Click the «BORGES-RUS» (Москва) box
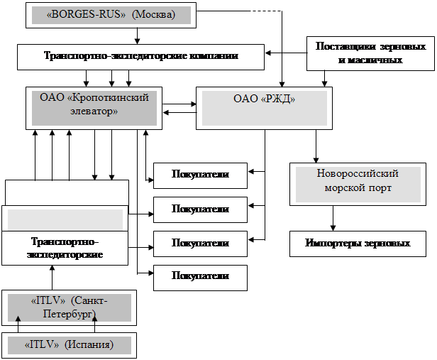[x=111, y=16]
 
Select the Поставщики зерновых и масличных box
[x=370, y=53]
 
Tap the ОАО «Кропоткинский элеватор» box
[x=94, y=108]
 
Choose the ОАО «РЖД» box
[x=264, y=108]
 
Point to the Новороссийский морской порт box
[x=358, y=185]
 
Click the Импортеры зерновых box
[x=358, y=244]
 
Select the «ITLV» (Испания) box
[x=69, y=345]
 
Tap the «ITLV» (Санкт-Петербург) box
[x=69, y=307]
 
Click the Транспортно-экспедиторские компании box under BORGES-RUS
[x=140, y=57]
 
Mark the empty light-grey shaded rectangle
[x=65, y=219]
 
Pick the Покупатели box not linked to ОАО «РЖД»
[x=200, y=278]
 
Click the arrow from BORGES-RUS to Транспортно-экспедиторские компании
[x=137, y=36]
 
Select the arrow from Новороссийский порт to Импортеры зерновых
[x=333, y=218]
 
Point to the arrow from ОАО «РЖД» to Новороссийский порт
[x=316, y=146]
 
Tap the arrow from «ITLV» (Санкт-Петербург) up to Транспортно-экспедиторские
[x=52, y=278]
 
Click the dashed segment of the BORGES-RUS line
[x=267, y=11]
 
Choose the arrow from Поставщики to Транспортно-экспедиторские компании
[x=286, y=53]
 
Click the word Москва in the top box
[x=153, y=14]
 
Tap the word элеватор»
[x=94, y=111]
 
